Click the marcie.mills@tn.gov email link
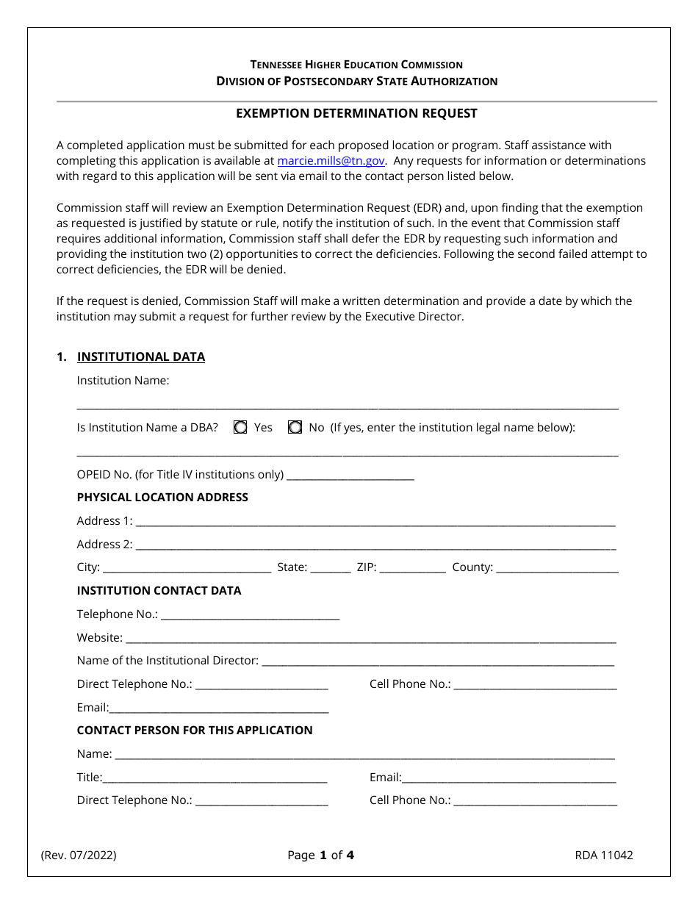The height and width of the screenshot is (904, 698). tap(331, 161)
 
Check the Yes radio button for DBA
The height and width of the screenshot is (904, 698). tap(240, 428)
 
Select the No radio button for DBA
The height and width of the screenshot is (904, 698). tap(295, 428)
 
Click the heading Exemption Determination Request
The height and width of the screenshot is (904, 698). tap(356, 113)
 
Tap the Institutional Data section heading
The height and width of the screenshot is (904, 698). tap(140, 357)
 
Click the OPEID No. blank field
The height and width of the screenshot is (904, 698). tap(350, 475)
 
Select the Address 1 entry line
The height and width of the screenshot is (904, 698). tap(375, 521)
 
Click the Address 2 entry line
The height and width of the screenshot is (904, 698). tap(375, 545)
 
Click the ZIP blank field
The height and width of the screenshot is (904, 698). tap(412, 567)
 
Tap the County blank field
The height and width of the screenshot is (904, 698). tap(557, 567)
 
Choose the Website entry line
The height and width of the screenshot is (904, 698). tap(370, 638)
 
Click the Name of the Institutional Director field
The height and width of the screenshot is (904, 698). tap(438, 661)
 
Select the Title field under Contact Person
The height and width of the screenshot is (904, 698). tap(215, 778)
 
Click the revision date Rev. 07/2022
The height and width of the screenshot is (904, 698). tap(79, 855)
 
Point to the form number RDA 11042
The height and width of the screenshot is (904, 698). tap(604, 855)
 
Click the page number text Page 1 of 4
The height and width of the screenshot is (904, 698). tap(321, 855)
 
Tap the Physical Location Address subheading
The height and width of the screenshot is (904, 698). tap(162, 498)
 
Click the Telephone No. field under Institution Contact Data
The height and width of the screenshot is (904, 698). tap(250, 614)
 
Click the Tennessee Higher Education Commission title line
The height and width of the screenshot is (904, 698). tap(356, 65)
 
